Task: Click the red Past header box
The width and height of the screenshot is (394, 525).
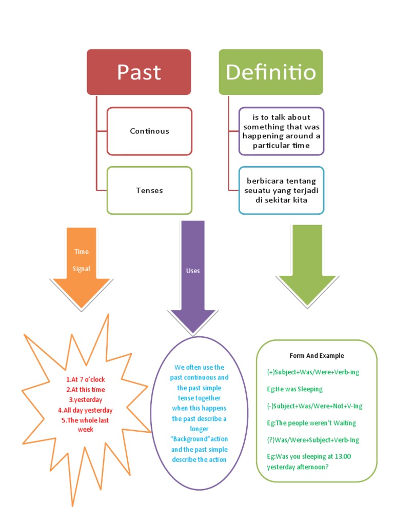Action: click(x=139, y=72)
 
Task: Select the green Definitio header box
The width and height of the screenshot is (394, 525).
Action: click(x=270, y=72)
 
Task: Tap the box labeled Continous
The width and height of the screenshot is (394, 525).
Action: click(x=149, y=131)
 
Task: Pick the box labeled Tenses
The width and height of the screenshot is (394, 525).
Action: click(x=149, y=190)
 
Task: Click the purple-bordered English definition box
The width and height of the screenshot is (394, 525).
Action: click(x=281, y=131)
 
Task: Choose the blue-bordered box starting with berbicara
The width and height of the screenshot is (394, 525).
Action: click(x=281, y=190)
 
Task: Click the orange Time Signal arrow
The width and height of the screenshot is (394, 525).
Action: click(x=81, y=267)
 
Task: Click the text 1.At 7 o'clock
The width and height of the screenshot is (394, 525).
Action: click(x=85, y=379)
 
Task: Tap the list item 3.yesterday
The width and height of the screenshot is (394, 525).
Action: click(x=85, y=399)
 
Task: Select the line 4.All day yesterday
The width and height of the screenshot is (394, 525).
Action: click(x=85, y=410)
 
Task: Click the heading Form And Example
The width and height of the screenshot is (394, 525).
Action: click(x=317, y=355)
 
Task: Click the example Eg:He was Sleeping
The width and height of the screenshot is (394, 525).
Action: click(x=294, y=389)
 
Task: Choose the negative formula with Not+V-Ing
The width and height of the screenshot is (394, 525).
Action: click(x=314, y=406)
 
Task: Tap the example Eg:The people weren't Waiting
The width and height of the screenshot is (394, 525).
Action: click(x=311, y=423)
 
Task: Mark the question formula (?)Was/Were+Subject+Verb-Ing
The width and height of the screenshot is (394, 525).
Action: click(x=313, y=440)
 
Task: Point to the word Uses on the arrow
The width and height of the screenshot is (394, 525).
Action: click(x=193, y=271)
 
